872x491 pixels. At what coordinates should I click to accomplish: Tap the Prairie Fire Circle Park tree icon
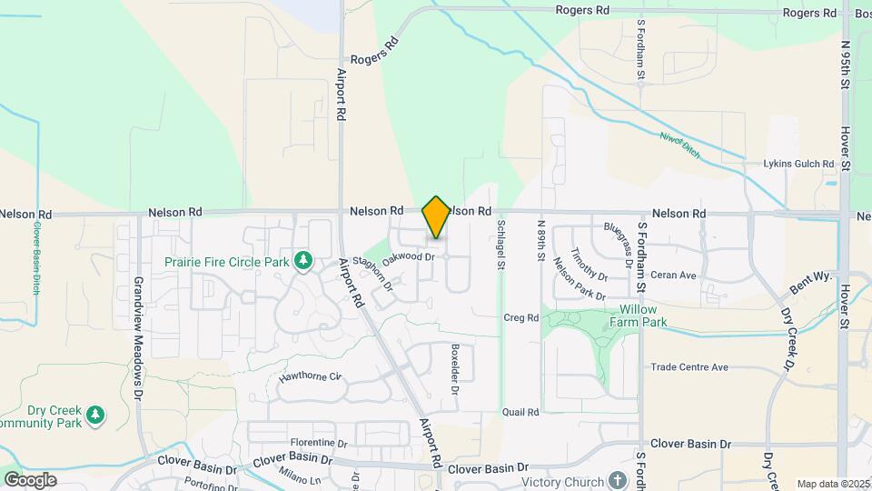coord(303,262)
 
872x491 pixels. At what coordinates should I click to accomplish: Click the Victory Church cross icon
coord(618,480)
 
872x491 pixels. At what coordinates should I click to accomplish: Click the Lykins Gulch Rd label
coord(799,164)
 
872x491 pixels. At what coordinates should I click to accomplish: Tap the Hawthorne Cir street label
coord(310,375)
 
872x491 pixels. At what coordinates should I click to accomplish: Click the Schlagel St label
coord(500,245)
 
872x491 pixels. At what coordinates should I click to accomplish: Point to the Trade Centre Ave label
coord(689,367)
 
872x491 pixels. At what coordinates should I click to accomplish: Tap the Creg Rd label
coord(520,317)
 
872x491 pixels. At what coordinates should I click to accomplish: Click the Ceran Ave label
coord(673,275)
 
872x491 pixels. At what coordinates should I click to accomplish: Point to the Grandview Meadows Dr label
coord(139,338)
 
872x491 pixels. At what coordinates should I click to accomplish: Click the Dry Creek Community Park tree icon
coord(95,416)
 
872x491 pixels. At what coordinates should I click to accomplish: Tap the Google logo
coord(30,479)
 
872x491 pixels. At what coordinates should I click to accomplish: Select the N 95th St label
coord(846,64)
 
